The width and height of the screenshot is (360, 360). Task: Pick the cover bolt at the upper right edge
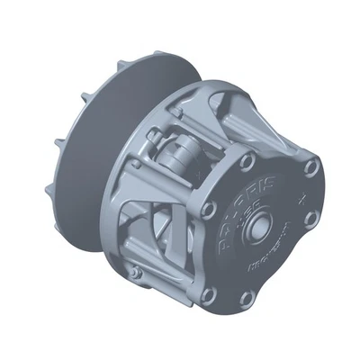tap(311, 168)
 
